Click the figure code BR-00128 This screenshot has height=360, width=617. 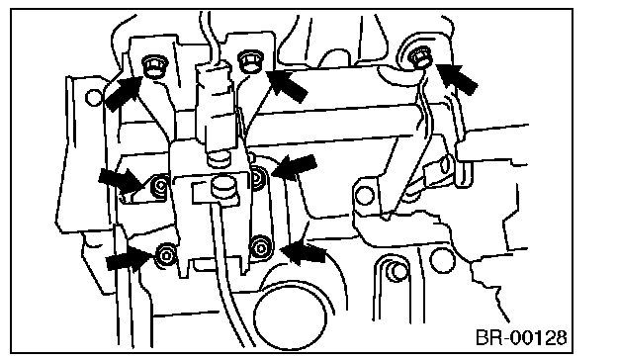(x=521, y=337)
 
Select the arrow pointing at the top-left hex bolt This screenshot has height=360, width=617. (x=123, y=94)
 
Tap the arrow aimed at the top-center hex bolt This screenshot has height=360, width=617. (x=288, y=86)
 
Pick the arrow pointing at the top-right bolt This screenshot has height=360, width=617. (x=458, y=80)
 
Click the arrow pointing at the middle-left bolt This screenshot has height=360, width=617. (x=122, y=181)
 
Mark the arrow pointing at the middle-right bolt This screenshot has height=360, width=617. (x=295, y=166)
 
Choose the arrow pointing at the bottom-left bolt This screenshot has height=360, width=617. (x=128, y=259)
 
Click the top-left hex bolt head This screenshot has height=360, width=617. (x=154, y=66)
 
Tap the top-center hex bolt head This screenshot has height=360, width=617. (x=250, y=61)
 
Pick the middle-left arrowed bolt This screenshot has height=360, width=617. (x=161, y=185)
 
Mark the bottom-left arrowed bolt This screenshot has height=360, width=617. (x=166, y=255)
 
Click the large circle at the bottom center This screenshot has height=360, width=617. (x=291, y=317)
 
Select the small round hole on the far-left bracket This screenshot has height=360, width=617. (x=93, y=98)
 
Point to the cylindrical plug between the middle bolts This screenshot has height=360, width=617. (x=223, y=187)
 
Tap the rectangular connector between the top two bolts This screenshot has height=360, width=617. (x=214, y=106)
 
